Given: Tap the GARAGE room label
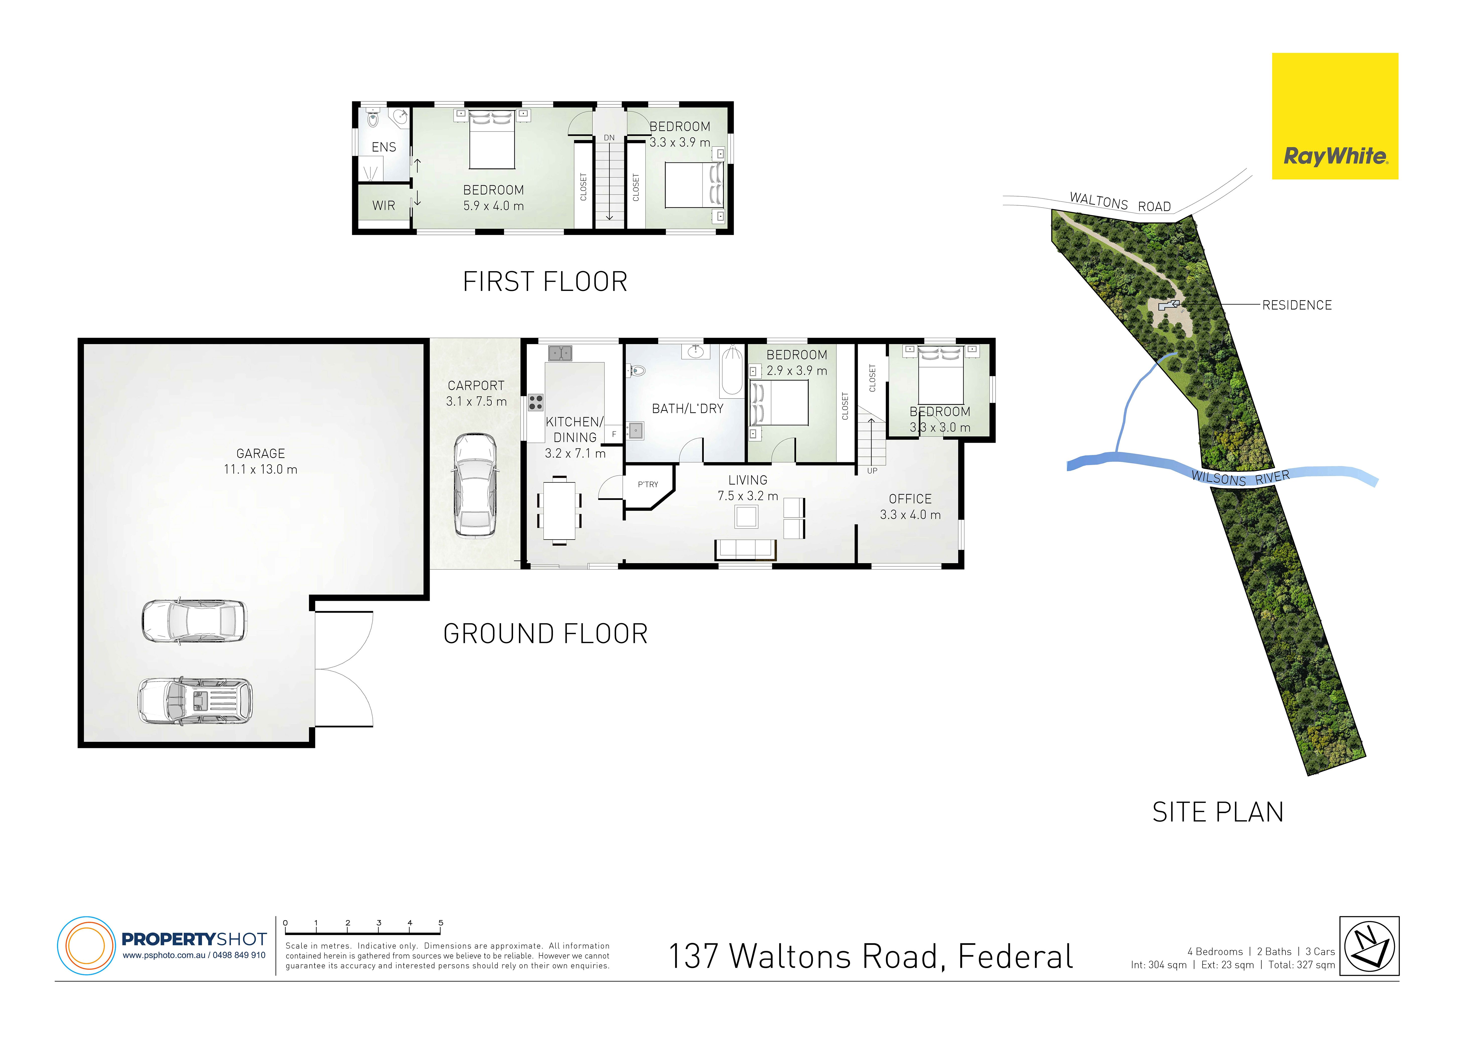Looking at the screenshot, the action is pyautogui.click(x=260, y=453).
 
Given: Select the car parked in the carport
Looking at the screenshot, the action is pyautogui.click(x=474, y=485).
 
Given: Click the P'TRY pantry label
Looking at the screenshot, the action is pyautogui.click(x=648, y=485).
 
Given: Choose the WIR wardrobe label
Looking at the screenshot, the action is pyautogui.click(x=384, y=205).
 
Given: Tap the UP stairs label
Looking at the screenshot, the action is pyautogui.click(x=872, y=471).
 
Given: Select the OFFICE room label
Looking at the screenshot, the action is pyautogui.click(x=910, y=499).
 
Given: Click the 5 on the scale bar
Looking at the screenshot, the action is pyautogui.click(x=441, y=923).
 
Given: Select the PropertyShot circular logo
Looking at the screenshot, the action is pyautogui.click(x=86, y=946).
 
